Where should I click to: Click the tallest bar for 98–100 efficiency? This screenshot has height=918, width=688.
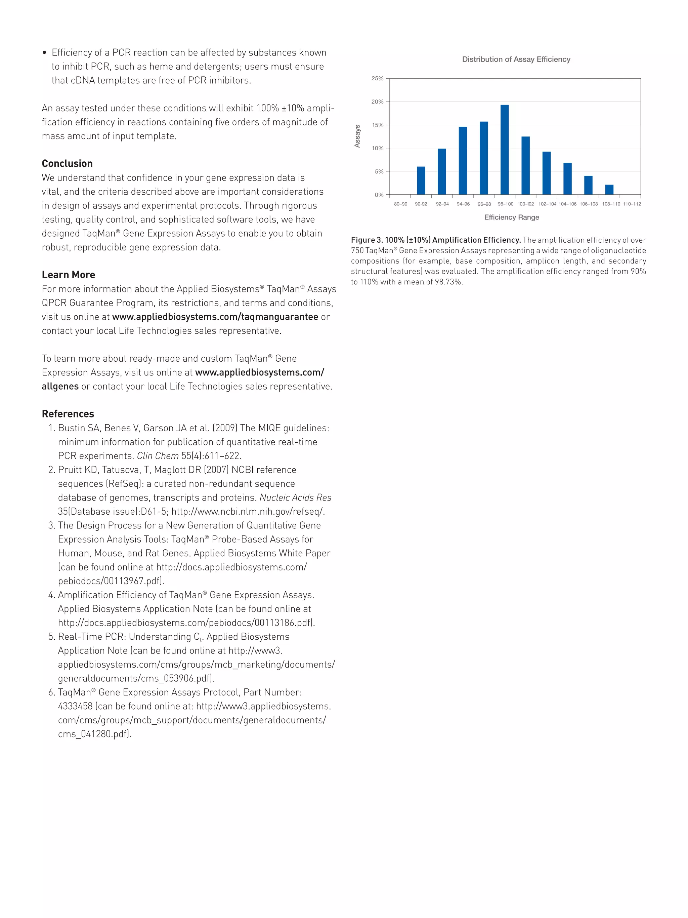tap(504, 149)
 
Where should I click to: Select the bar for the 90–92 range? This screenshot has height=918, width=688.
tap(421, 181)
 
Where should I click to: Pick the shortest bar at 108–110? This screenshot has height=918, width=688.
tap(609, 190)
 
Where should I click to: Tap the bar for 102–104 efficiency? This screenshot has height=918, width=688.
tap(546, 173)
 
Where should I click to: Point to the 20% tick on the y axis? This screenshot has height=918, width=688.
tap(377, 102)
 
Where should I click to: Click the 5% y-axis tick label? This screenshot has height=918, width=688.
tap(379, 171)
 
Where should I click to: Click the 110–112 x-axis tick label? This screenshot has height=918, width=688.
tap(632, 204)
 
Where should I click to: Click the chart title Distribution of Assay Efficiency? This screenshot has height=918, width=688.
tap(516, 59)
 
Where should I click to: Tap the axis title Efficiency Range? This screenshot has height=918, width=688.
tap(511, 217)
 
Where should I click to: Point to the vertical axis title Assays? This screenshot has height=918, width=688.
tap(357, 136)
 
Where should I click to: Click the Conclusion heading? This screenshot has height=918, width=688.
tap(67, 163)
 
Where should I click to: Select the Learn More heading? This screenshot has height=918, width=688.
tap(69, 275)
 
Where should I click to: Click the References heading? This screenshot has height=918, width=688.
tap(68, 414)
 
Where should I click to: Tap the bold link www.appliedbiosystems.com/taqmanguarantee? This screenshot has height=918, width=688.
tap(215, 317)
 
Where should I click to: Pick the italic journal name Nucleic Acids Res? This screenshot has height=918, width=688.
tap(295, 497)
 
